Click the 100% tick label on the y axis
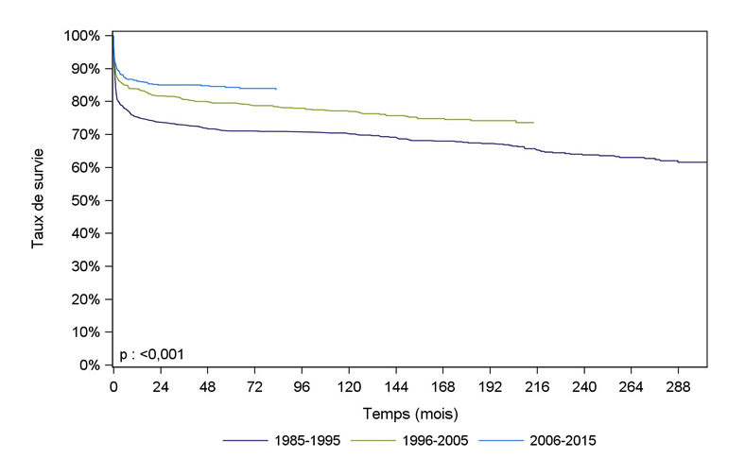point(82,36)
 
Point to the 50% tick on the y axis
point(85,200)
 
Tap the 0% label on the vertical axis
point(89,365)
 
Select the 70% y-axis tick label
point(85,134)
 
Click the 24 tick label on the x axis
point(161,387)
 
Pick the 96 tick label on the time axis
point(302,387)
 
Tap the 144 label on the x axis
point(396,387)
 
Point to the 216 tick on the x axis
point(537,387)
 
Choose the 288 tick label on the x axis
point(678,387)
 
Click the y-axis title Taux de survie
point(39,200)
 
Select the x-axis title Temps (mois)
point(409,413)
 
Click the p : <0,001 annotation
point(151,354)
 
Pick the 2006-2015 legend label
point(564,440)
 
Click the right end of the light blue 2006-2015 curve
point(276,89)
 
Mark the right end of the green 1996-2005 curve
point(533,123)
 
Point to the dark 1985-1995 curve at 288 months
point(678,161)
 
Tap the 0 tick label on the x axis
point(113,387)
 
